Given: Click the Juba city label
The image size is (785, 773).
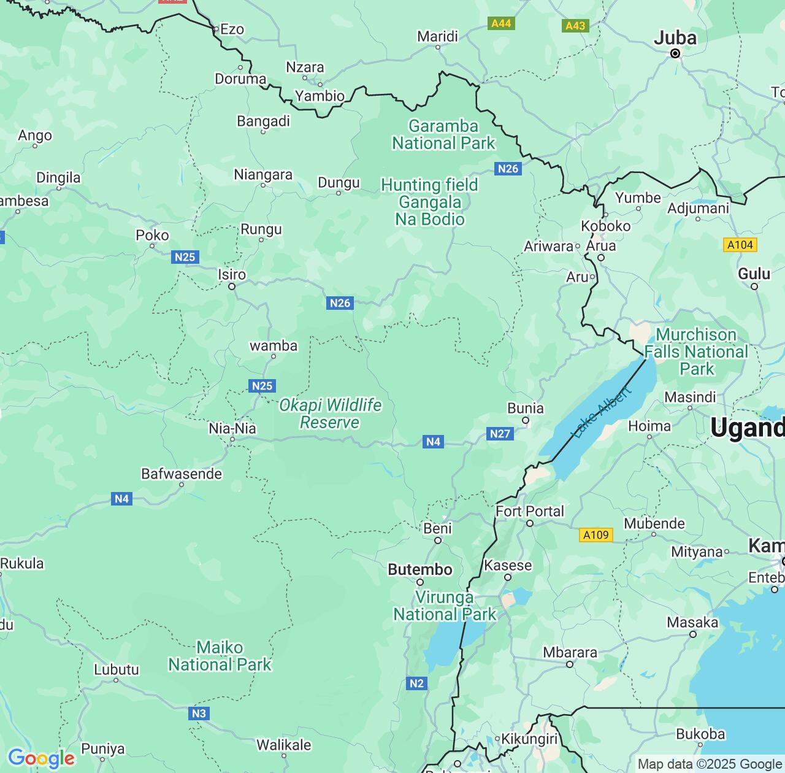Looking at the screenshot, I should click(x=675, y=38).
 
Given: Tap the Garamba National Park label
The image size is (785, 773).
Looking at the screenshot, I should click(x=443, y=135).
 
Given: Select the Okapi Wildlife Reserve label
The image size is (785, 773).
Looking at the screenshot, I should click(x=330, y=414).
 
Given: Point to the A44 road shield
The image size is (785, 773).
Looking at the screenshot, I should click(x=501, y=23).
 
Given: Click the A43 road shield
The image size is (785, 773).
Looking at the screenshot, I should click(x=575, y=26).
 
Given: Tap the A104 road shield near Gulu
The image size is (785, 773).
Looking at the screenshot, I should click(x=740, y=245).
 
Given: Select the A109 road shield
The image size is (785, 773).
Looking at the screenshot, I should click(x=595, y=535).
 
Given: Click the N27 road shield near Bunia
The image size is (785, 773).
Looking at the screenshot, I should click(x=500, y=434).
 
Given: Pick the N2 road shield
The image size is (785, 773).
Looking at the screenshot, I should click(x=416, y=683).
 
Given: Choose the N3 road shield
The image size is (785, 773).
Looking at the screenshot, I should click(x=199, y=713).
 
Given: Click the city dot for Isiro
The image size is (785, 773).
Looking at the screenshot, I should click(x=232, y=287).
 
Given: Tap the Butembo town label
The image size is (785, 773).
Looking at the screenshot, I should click(x=420, y=570).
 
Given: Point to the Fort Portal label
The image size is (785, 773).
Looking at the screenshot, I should click(x=530, y=511).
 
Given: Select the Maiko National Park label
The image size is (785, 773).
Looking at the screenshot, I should click(x=220, y=656).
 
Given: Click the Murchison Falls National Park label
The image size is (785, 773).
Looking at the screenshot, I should click(x=697, y=352).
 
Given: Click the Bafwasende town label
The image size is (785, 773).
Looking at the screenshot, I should click(x=182, y=474).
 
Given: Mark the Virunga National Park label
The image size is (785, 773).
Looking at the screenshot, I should click(x=445, y=606).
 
